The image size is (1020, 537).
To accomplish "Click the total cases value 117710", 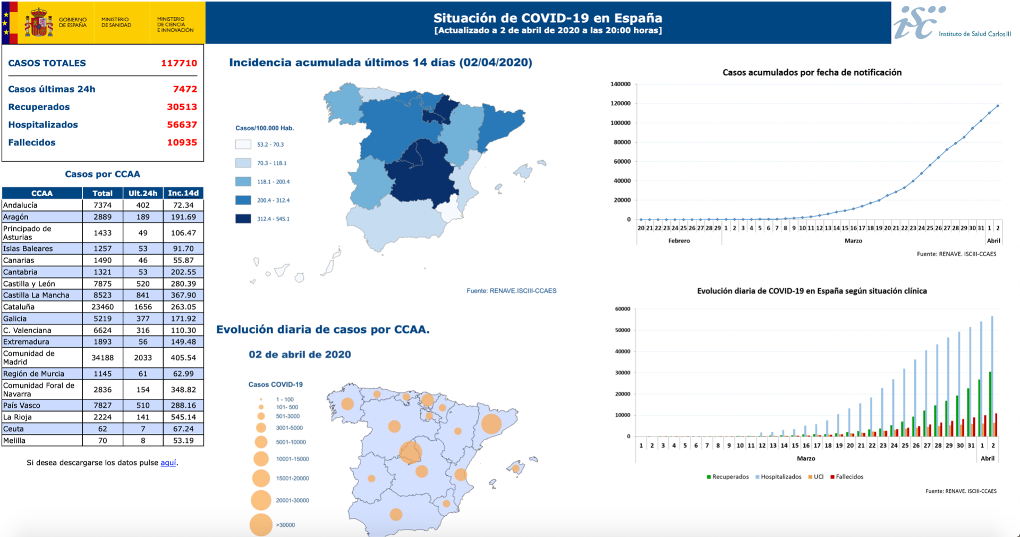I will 179,63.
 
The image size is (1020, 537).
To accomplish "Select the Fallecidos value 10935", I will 182,142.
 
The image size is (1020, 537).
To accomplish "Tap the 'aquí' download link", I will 168,463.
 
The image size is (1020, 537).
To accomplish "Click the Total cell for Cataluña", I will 103,307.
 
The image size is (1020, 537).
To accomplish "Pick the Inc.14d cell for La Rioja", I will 183,417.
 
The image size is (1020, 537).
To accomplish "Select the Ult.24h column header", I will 143,193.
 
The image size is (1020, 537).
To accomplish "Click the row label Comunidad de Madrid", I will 29,357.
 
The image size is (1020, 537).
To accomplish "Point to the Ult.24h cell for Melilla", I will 143,440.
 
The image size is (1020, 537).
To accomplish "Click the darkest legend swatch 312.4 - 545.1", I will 243,219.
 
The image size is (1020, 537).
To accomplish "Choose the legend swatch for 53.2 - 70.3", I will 243,144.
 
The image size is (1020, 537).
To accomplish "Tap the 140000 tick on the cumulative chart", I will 620,84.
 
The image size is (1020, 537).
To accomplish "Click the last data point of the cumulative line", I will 998,106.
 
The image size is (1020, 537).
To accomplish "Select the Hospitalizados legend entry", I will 780,477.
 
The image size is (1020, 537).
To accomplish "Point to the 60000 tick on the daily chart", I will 622,309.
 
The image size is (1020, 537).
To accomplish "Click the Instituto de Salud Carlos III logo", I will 951,23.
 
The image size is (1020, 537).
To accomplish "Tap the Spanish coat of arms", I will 39,23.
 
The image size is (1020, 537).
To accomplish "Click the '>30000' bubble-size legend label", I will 285,525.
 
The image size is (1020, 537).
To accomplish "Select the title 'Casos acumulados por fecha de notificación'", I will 812,72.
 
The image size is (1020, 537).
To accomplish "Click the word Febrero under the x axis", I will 679,241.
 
